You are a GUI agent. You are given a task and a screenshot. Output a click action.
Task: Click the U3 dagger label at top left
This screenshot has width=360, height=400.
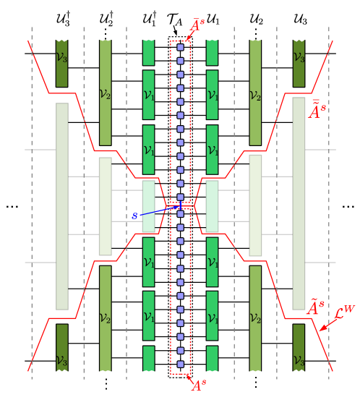click(63, 19)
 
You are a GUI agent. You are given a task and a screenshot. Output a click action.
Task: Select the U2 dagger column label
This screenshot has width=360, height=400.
click(106, 19)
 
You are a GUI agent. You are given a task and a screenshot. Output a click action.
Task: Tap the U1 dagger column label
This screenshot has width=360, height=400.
click(150, 18)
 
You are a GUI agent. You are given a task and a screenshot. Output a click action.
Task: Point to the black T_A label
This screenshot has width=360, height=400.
click(175, 20)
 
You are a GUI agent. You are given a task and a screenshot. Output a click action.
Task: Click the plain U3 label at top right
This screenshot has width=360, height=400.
click(300, 20)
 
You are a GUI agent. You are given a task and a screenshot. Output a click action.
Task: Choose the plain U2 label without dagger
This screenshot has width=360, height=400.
click(256, 20)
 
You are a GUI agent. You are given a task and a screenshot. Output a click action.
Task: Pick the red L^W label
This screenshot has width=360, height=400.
click(345, 312)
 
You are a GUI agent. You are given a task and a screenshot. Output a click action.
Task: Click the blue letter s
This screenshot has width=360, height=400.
click(134, 216)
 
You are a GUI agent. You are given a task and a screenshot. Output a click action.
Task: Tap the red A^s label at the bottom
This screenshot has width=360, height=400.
click(199, 386)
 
